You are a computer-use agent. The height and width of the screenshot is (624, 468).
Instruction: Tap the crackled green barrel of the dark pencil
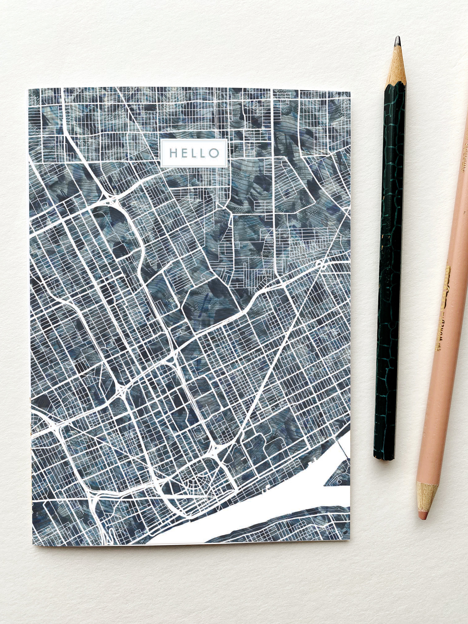tap(391, 254)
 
